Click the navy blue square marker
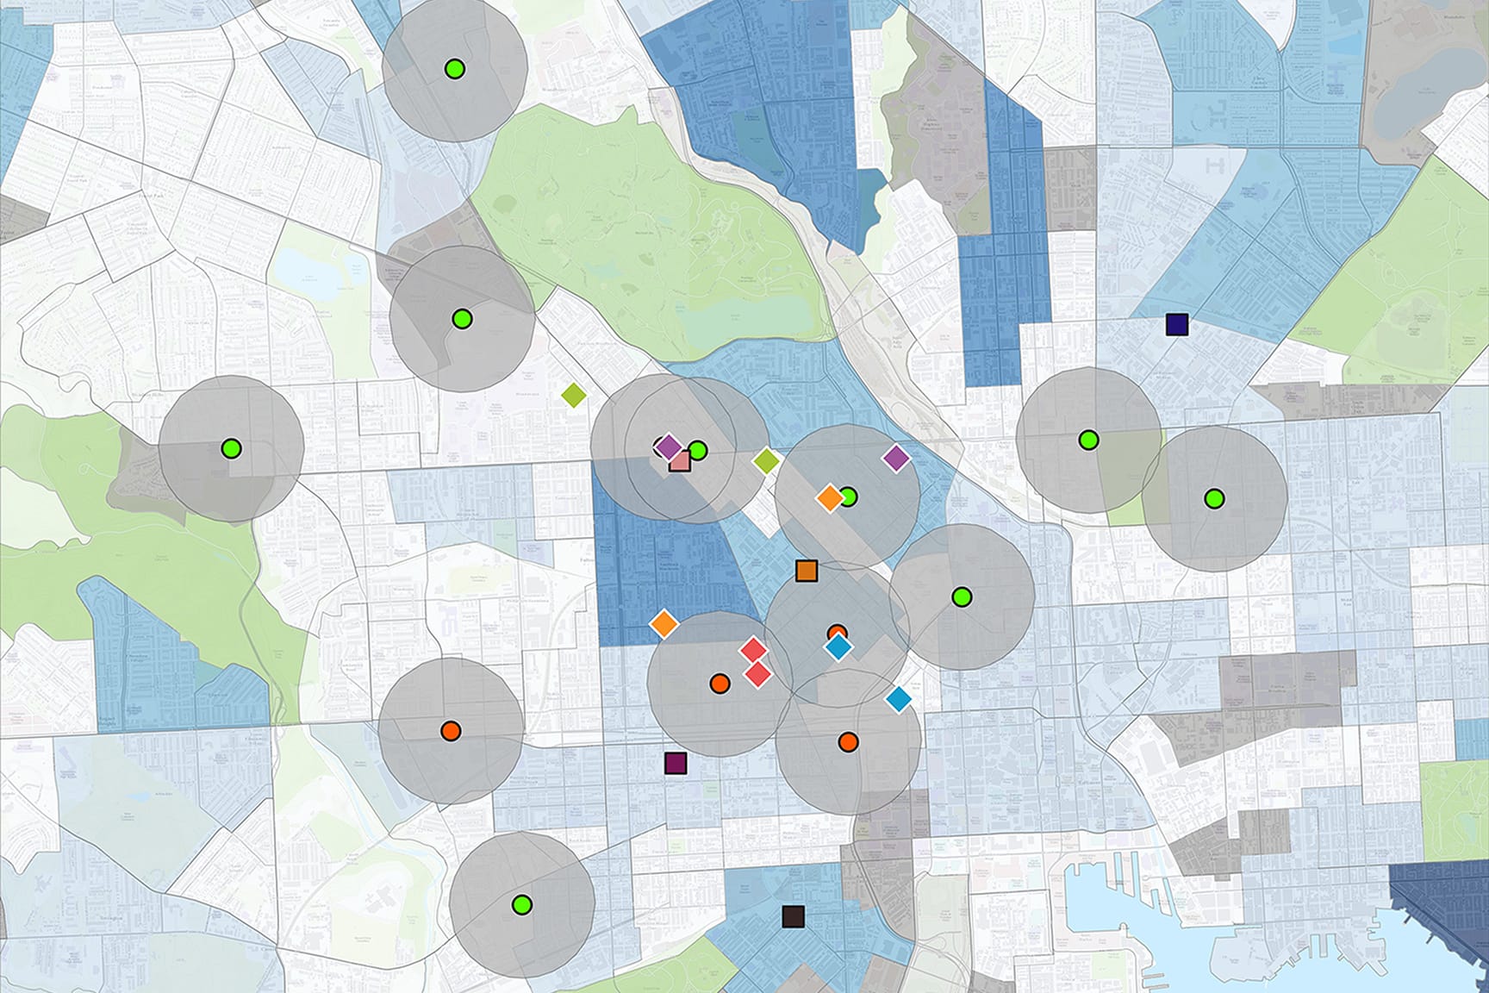(x=1177, y=324)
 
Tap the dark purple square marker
(x=676, y=763)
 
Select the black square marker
(x=793, y=916)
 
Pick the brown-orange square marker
(x=807, y=570)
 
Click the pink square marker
(x=679, y=461)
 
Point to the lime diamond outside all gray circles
(x=574, y=396)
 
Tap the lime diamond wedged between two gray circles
(x=766, y=461)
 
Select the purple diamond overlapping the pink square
(x=669, y=447)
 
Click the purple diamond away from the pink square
(x=896, y=458)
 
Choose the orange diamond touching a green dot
(x=829, y=497)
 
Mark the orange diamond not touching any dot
(x=664, y=623)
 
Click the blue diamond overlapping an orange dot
(x=838, y=646)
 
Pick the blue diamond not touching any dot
(x=899, y=699)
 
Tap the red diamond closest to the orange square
(x=753, y=650)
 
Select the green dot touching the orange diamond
(x=849, y=497)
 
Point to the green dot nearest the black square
(x=521, y=904)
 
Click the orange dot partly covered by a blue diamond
(x=836, y=634)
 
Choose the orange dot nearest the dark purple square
(x=720, y=684)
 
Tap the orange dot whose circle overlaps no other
(x=450, y=731)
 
